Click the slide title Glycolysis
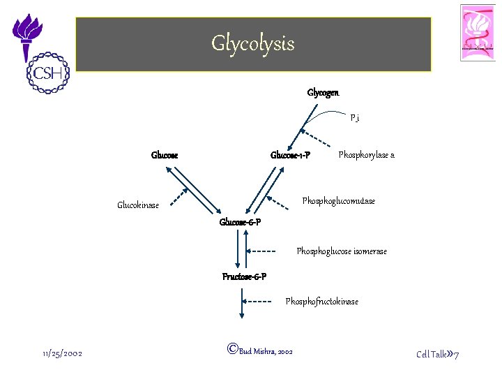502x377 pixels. pyautogui.click(x=253, y=44)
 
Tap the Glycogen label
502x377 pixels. pyautogui.click(x=323, y=93)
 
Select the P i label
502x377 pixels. pyautogui.click(x=355, y=119)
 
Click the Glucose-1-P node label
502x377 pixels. pyautogui.click(x=290, y=155)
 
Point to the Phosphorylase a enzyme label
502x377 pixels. pyautogui.click(x=366, y=155)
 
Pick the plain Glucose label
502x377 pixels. pyautogui.click(x=165, y=155)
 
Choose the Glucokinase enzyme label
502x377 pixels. pyautogui.click(x=138, y=205)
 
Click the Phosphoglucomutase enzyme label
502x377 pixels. pyautogui.click(x=338, y=201)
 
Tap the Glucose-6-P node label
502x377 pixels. pyautogui.click(x=240, y=222)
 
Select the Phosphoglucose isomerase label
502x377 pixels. pyautogui.click(x=342, y=251)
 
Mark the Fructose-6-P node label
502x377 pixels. pyautogui.click(x=244, y=277)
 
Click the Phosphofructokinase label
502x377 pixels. pyautogui.click(x=321, y=302)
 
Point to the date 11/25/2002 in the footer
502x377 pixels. pyautogui.click(x=62, y=354)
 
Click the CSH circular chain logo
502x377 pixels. pyautogui.click(x=44, y=71)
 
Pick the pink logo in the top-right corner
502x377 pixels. pyautogui.click(x=478, y=33)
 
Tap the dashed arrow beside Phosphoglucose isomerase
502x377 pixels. pyautogui.click(x=264, y=251)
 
